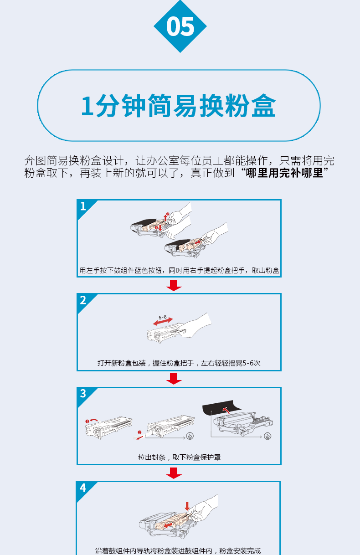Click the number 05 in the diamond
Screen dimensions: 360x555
coord(180,26)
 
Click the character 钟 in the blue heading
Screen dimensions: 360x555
coord(134,106)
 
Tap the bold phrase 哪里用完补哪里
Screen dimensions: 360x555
coord(284,173)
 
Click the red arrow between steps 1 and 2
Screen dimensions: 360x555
coord(174,285)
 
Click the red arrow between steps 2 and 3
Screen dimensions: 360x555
coord(174,379)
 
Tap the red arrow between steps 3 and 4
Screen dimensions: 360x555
coord(174,473)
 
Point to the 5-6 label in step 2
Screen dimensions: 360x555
coord(163,318)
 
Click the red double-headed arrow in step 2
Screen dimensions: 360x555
coord(163,322)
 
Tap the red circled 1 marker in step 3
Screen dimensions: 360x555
coord(87,421)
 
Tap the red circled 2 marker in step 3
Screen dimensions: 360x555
coord(139,432)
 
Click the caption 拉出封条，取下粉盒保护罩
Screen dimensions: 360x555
coord(179,457)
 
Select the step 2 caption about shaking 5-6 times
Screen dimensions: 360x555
coord(179,363)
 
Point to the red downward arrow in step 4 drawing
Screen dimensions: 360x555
coord(187,506)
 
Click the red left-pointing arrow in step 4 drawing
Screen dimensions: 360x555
coord(169,525)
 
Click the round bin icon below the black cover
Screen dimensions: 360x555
coord(267,436)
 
